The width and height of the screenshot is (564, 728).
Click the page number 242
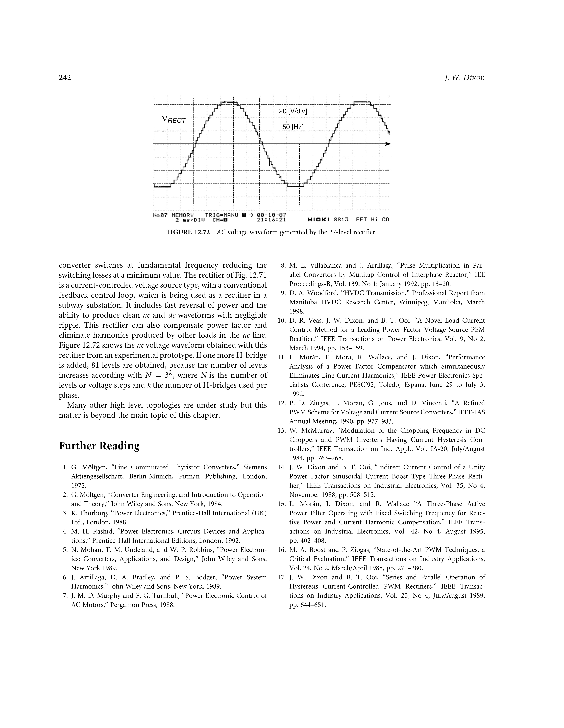click(65, 78)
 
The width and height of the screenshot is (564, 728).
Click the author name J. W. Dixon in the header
click(465, 78)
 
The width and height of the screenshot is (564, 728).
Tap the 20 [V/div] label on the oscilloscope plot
click(293, 111)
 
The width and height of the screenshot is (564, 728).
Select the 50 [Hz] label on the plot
click(293, 127)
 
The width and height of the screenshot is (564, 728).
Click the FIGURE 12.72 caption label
click(188, 232)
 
